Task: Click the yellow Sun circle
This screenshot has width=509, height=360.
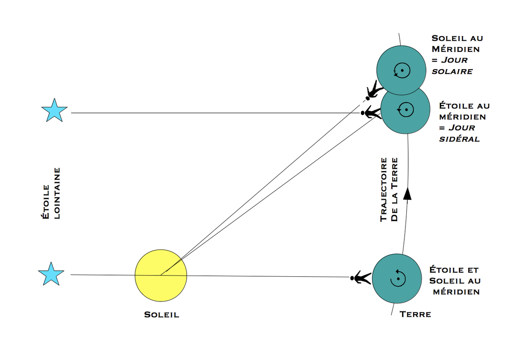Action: [161, 275]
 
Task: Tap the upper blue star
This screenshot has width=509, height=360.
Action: [54, 110]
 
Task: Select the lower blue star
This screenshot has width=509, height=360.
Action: [51, 274]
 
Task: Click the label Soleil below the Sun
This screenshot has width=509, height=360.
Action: [162, 315]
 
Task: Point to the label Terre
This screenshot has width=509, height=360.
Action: [415, 315]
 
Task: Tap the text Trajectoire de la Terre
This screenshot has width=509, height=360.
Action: [389, 189]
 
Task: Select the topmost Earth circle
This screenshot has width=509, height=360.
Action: [401, 69]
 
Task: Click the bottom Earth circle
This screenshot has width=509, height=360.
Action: [397, 278]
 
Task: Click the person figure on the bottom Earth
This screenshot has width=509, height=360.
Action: [361, 278]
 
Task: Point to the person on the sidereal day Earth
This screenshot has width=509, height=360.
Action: [371, 113]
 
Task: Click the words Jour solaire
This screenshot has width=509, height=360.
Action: [452, 66]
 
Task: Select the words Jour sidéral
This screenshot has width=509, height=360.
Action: [459, 133]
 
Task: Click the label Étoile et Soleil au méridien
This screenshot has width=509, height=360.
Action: [454, 281]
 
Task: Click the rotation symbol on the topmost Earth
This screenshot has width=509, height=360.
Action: [401, 69]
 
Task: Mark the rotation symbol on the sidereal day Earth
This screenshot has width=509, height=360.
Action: [406, 110]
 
